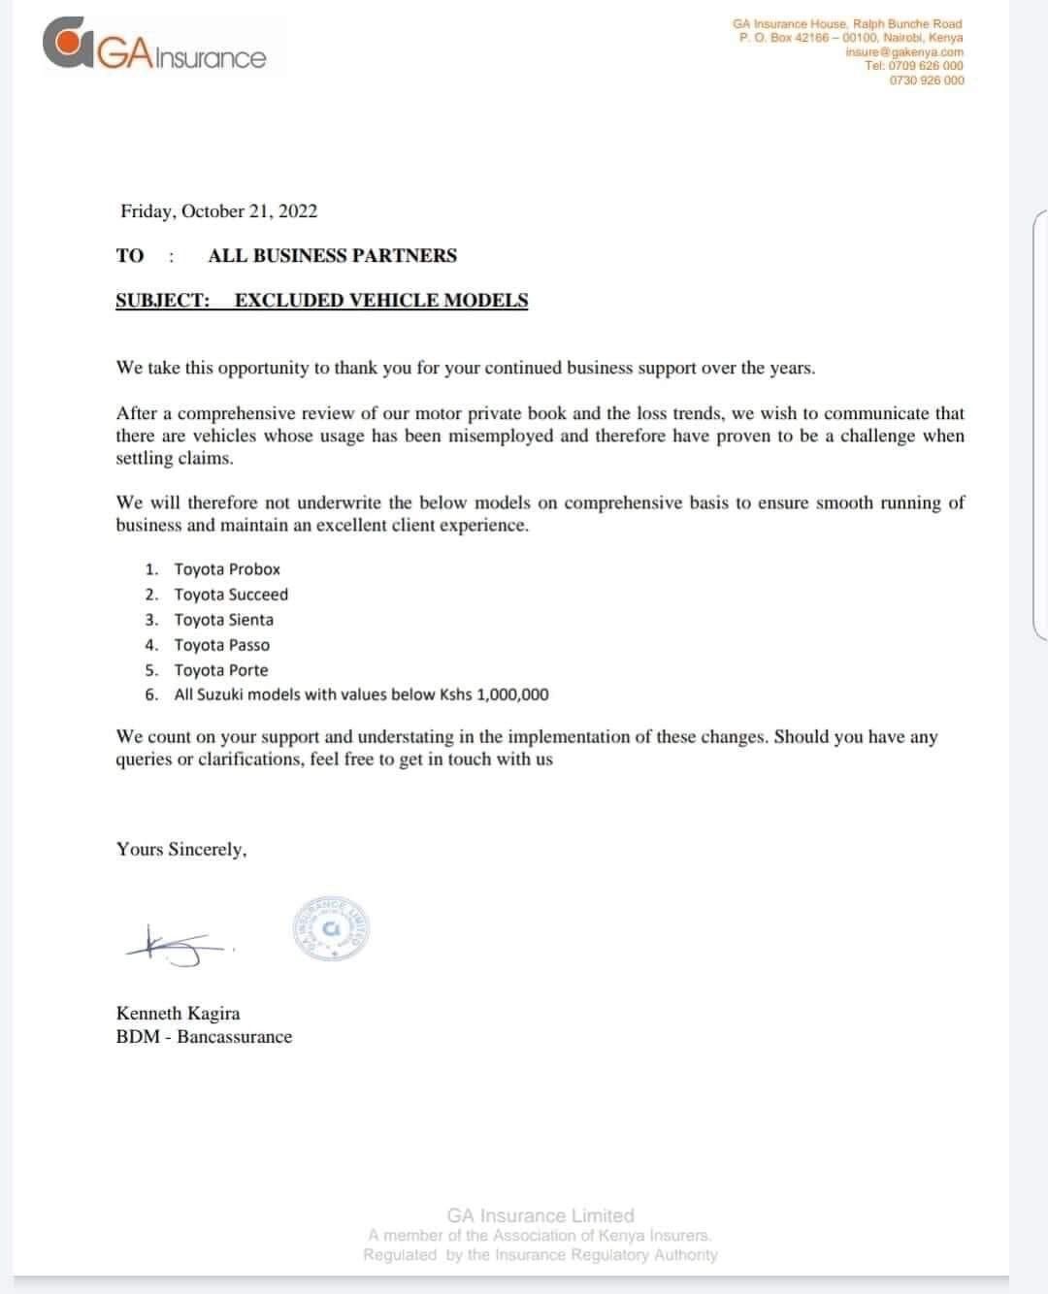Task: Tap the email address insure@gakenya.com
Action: click(904, 51)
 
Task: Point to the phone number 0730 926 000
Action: click(927, 81)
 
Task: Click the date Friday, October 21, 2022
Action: click(218, 211)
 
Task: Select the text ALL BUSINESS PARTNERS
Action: click(332, 256)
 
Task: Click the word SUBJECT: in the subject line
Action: click(162, 301)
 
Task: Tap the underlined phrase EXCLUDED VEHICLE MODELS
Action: click(381, 301)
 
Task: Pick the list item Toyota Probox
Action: click(227, 569)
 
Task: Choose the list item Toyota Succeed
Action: click(231, 595)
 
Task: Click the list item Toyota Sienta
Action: click(224, 620)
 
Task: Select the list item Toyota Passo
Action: click(222, 645)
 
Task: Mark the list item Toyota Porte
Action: click(221, 670)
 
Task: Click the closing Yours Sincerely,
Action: click(181, 850)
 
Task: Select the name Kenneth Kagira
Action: click(178, 1014)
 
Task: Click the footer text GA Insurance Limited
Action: click(540, 1215)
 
